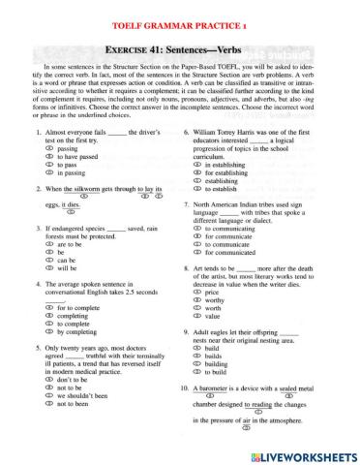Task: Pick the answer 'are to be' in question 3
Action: click(x=59, y=272)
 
